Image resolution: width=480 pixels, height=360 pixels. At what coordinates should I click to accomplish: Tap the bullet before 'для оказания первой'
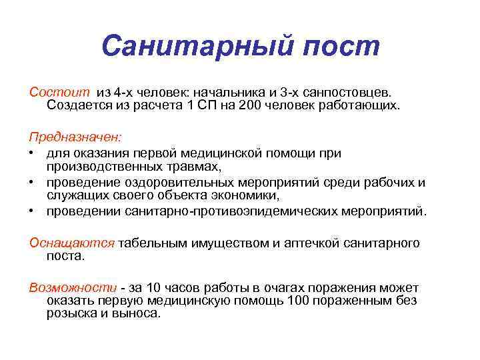[x=31, y=153]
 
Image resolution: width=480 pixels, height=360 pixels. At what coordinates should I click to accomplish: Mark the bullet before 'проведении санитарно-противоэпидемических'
[x=31, y=212]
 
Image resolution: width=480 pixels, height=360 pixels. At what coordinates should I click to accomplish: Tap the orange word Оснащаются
[x=72, y=243]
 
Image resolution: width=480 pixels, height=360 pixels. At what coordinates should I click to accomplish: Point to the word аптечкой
[x=309, y=243]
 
